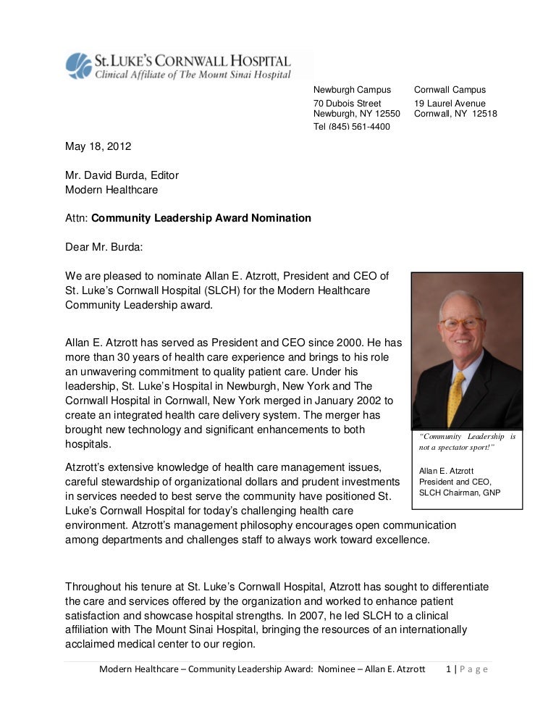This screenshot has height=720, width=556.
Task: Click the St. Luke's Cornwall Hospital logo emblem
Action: (x=77, y=65)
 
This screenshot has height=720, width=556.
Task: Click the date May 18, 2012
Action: (x=98, y=146)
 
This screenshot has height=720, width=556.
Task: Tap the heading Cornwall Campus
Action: (x=450, y=90)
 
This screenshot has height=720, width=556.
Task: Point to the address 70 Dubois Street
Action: (x=347, y=104)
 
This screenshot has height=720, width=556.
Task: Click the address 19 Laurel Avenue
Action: (x=450, y=104)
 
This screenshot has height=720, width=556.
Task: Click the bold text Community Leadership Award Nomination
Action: (x=201, y=217)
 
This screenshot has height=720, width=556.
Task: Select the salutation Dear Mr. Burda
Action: (x=104, y=246)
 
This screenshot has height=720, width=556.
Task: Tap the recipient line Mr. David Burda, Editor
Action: (x=122, y=175)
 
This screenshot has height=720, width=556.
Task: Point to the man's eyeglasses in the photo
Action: (x=461, y=323)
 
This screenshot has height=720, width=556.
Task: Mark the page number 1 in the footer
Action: (x=450, y=669)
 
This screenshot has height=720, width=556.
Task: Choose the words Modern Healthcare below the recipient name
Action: (x=111, y=190)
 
